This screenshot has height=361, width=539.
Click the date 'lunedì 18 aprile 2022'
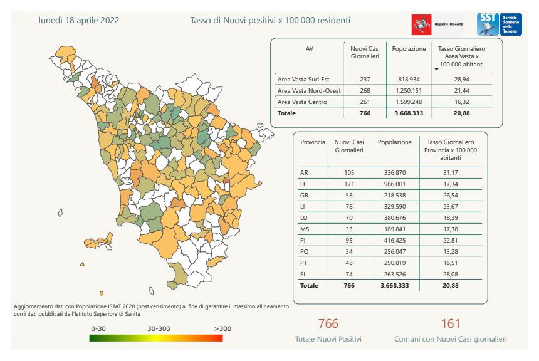point(79,20)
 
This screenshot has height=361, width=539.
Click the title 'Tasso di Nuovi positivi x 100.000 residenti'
point(270,20)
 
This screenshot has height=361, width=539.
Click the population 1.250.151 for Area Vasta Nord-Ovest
point(409,91)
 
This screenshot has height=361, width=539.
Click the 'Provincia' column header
point(312,142)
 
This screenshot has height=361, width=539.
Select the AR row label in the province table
point(305,172)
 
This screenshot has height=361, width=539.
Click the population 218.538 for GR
point(394,195)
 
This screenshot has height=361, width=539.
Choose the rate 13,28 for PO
point(451,251)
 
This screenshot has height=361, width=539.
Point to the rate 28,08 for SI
point(451,274)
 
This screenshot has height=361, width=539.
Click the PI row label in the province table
point(304,240)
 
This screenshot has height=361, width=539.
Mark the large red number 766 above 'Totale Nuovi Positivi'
point(328,323)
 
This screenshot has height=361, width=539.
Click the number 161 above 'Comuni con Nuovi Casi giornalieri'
point(450,323)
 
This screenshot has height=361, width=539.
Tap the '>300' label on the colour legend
point(222,328)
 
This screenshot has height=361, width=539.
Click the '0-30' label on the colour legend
point(99,328)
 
